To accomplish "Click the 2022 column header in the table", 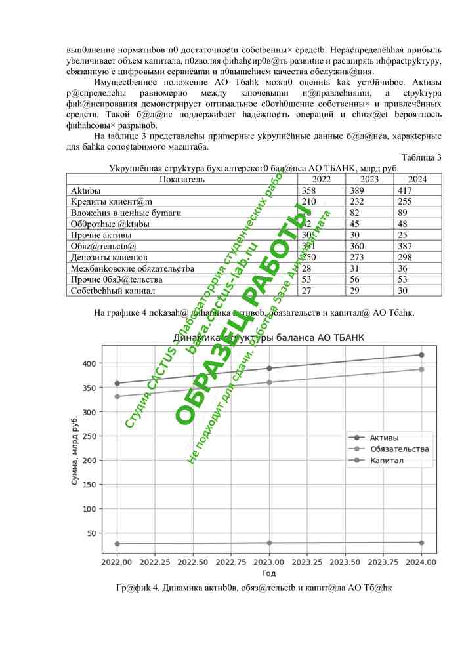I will click(x=322, y=179).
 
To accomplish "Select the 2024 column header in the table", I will click(x=417, y=179).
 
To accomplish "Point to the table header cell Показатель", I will click(x=182, y=179).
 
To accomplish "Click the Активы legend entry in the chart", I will click(x=384, y=438).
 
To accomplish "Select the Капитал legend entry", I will click(x=387, y=461).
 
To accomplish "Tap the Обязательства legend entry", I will click(x=399, y=449).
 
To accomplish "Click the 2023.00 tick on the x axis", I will click(x=269, y=562).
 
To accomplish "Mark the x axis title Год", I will click(x=269, y=574).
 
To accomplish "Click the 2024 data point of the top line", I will click(x=421, y=355).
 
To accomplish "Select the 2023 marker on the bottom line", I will click(x=269, y=543).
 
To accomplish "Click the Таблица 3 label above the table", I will click(x=421, y=157).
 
